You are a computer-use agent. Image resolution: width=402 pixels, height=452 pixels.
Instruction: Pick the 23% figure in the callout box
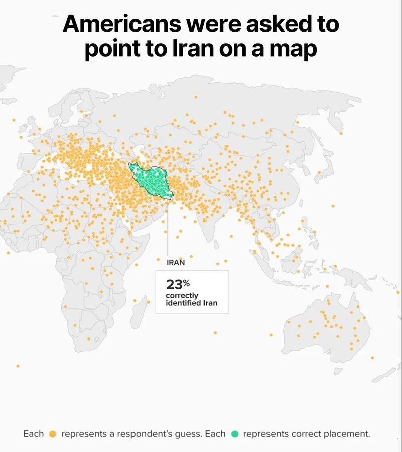click(175, 284)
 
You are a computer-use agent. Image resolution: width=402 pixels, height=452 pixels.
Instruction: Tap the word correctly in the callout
click(182, 296)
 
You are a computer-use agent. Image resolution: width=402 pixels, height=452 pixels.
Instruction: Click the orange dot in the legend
click(53, 434)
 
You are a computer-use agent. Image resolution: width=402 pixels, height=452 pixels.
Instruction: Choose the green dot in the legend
click(234, 434)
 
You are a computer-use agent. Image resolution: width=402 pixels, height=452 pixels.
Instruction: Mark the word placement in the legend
click(345, 434)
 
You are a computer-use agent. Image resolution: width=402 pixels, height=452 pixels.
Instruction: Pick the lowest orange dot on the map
click(18, 366)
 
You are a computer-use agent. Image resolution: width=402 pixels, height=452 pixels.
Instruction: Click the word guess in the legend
click(190, 434)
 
